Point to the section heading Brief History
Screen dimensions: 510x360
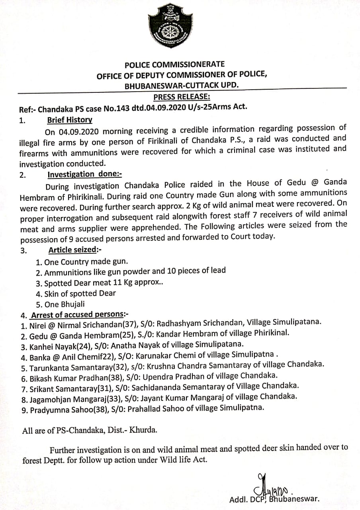coord(70,120)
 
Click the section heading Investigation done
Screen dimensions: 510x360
coord(85,174)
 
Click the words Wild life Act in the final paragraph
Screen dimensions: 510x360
coord(185,459)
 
